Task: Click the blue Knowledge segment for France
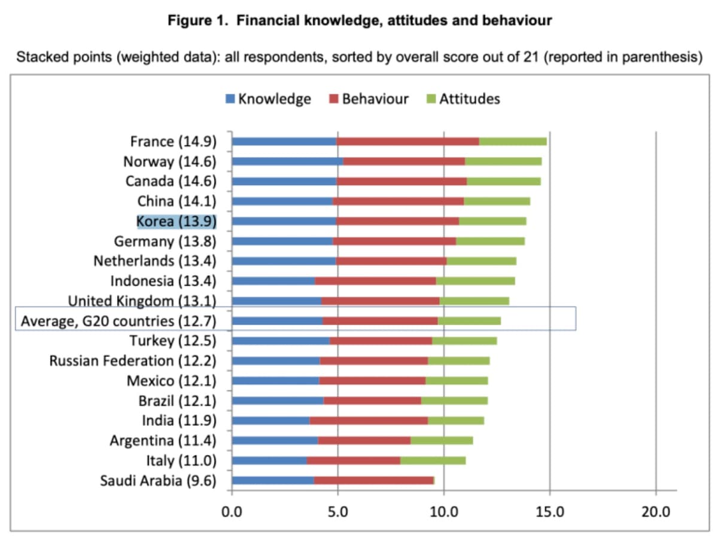[x=284, y=141]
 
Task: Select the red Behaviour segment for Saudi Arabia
[x=373, y=480]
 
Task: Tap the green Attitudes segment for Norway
[x=503, y=161]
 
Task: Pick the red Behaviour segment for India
[x=369, y=420]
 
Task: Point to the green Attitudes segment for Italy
[x=433, y=460]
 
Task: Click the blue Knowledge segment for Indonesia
[x=273, y=280]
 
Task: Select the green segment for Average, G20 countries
[x=469, y=321]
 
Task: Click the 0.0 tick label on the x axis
[x=232, y=512]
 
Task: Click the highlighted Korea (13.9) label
[x=177, y=221]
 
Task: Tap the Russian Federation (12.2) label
[x=133, y=360]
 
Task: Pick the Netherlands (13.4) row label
[x=155, y=261]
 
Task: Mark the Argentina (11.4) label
[x=163, y=441]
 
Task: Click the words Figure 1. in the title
[x=199, y=21]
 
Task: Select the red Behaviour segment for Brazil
[x=372, y=401]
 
